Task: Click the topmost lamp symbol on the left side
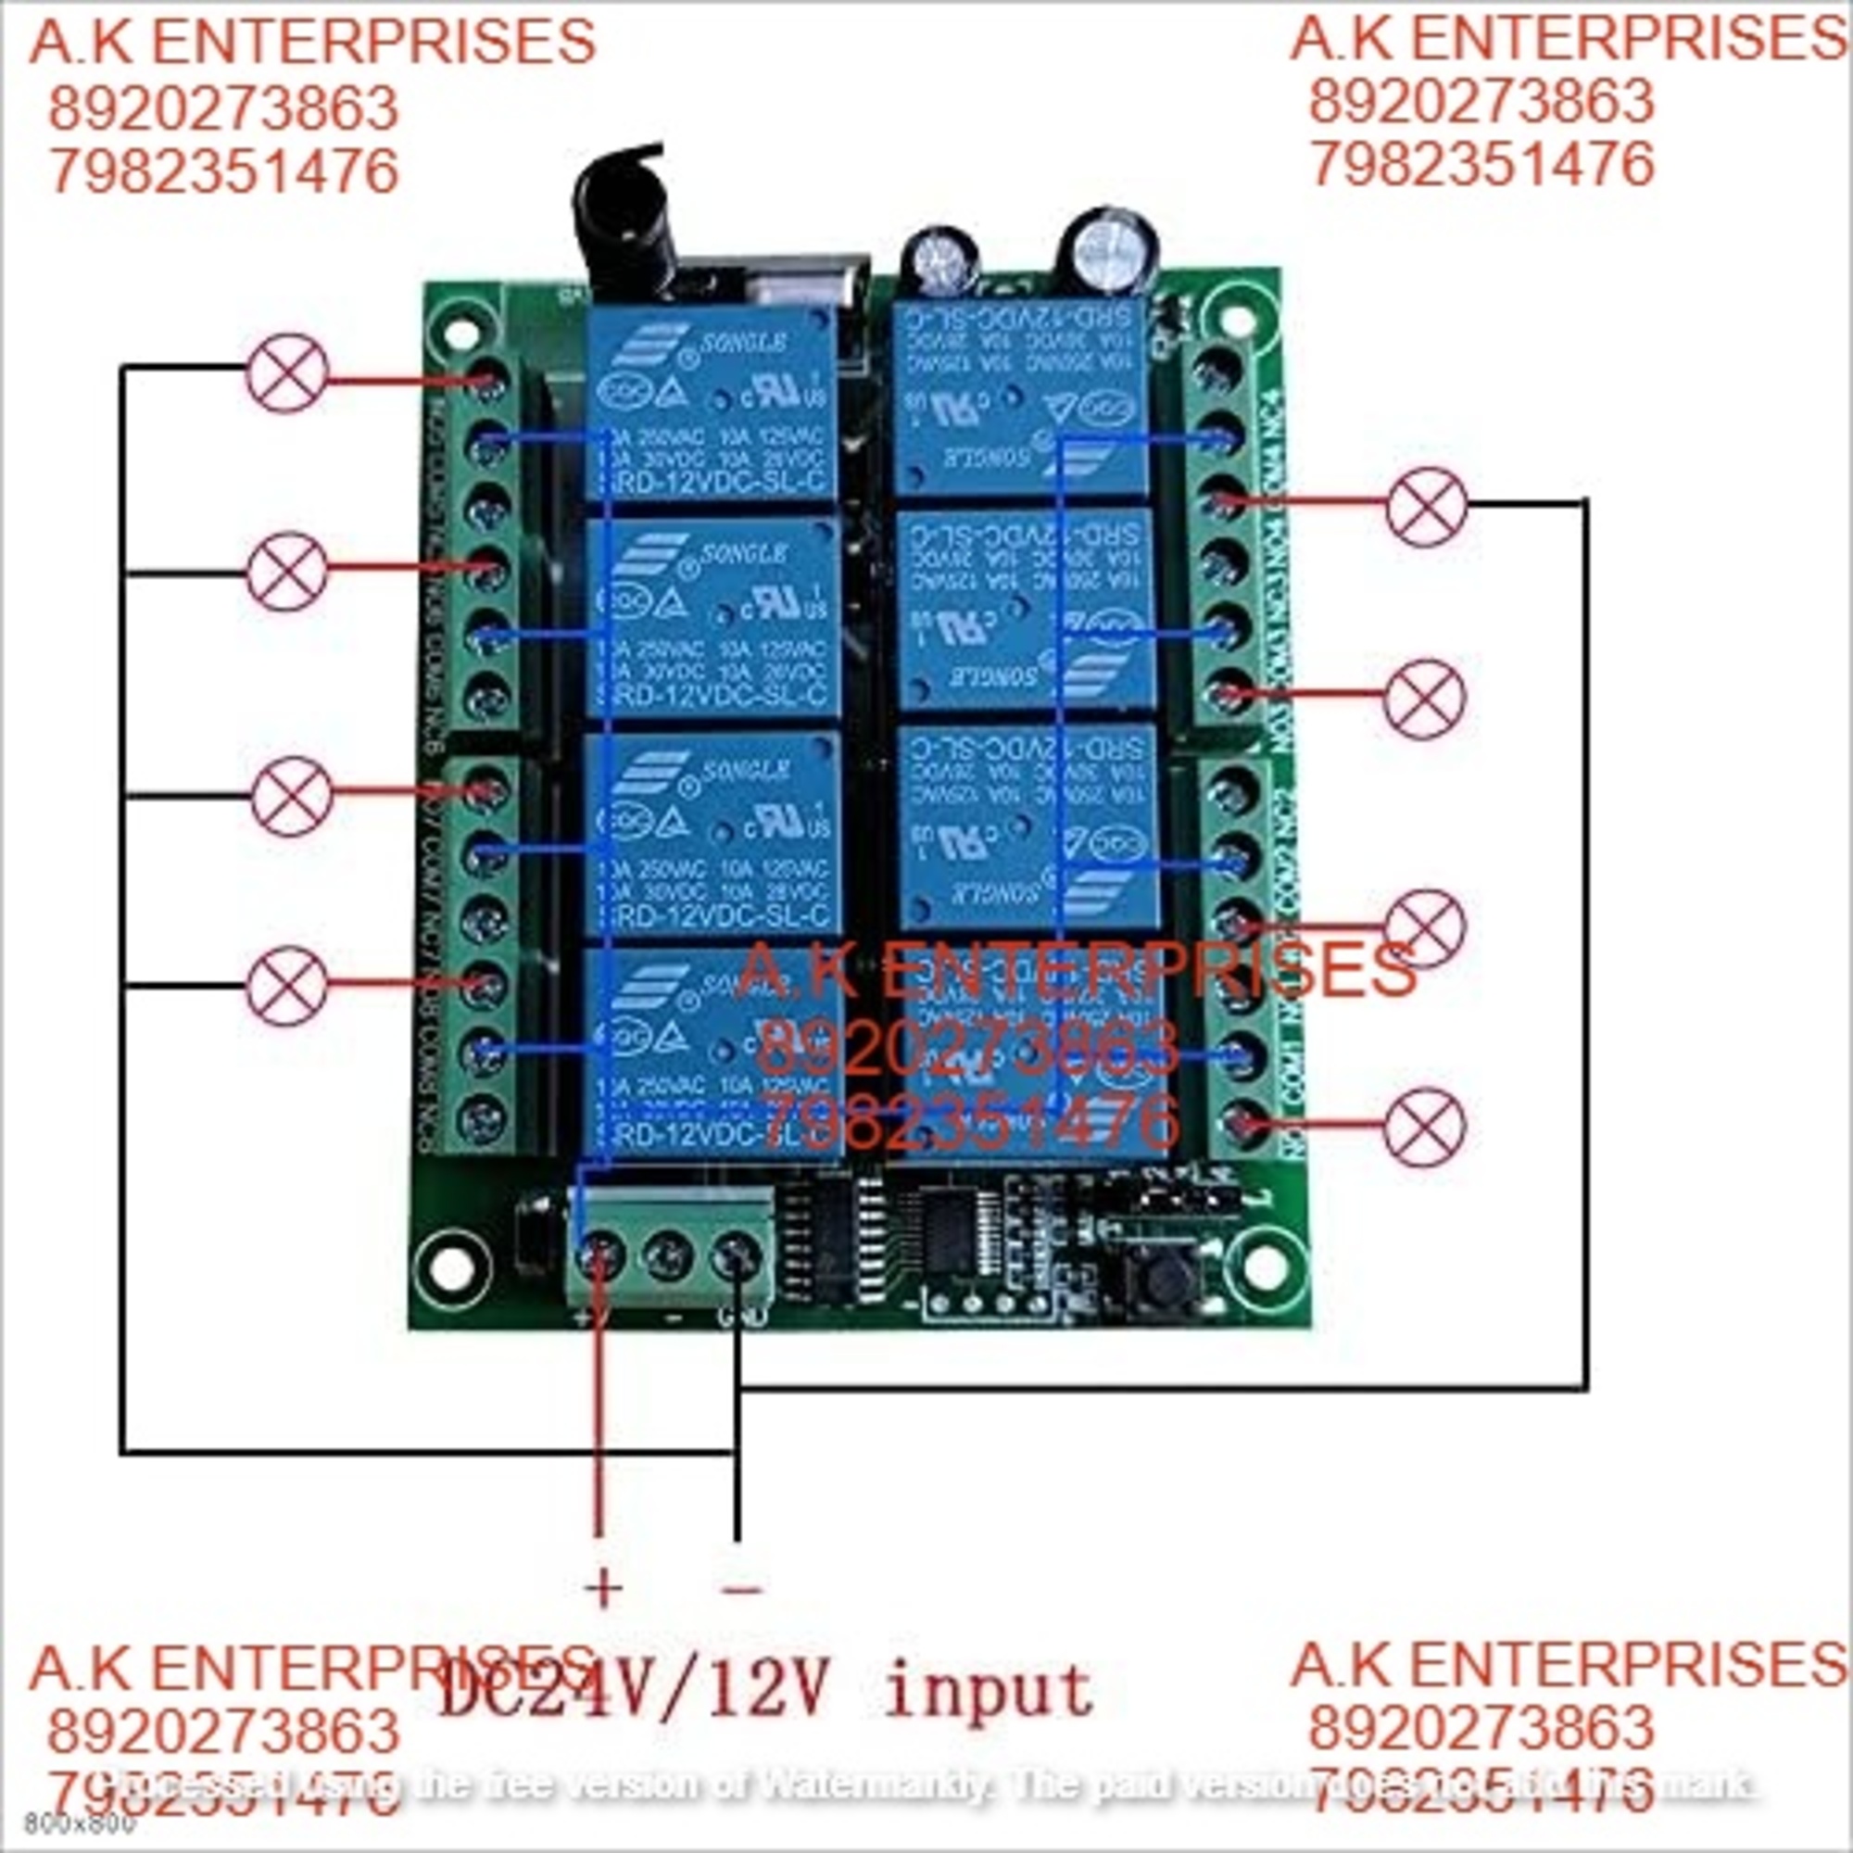[x=288, y=373]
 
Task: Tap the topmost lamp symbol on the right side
[x=1426, y=507]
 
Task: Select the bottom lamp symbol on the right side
[x=1425, y=1127]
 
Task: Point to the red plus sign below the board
[x=603, y=1588]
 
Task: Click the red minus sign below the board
[x=742, y=1590]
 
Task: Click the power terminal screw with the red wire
[x=599, y=1255]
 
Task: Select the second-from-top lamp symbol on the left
[x=287, y=571]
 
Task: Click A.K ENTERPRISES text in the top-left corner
[x=312, y=43]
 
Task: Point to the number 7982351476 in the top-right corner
[x=1481, y=165]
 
